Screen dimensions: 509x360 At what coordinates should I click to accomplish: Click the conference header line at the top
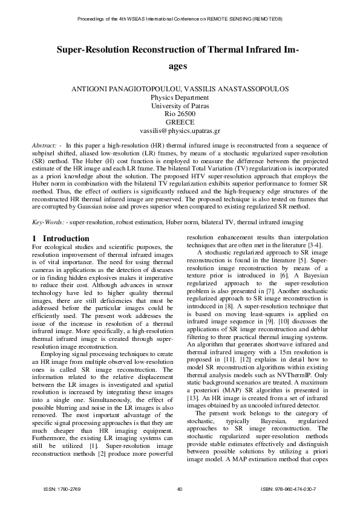[180, 19]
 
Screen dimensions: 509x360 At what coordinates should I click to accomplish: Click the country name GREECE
[180, 122]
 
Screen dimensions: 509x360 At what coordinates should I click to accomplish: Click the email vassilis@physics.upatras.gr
[180, 130]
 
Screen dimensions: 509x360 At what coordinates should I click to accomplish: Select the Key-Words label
[47, 222]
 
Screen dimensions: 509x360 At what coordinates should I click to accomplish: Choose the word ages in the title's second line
[180, 65]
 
